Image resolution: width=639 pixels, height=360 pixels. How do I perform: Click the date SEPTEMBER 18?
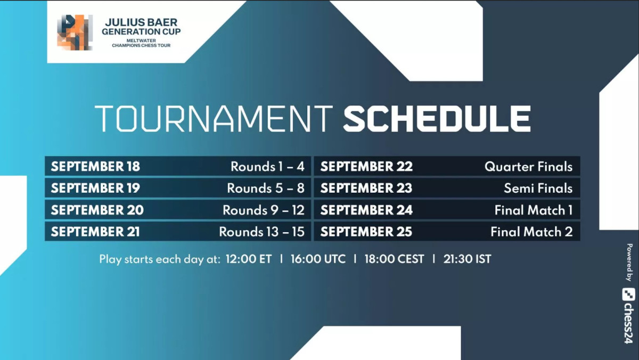[95, 166]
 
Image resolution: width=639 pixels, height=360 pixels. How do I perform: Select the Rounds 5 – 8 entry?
[266, 189]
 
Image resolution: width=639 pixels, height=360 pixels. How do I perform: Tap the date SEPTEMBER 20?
[97, 210]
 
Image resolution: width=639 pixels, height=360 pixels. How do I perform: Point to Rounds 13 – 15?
[261, 232]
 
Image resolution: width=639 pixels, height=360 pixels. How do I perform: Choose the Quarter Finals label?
[528, 167]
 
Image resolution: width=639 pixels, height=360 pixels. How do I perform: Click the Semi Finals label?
[538, 189]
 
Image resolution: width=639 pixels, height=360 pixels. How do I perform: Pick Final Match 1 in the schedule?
[534, 210]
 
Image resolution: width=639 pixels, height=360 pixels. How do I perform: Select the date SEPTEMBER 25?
[366, 232]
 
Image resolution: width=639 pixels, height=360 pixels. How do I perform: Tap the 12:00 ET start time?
[249, 259]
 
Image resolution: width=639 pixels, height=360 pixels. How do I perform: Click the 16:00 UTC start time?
[318, 259]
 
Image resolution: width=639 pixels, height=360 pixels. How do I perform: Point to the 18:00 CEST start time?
[394, 259]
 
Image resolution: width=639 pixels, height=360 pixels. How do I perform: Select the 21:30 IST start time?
[467, 259]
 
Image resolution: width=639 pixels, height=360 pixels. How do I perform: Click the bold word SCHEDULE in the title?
[437, 119]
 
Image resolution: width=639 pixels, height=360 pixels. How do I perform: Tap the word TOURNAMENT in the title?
[214, 119]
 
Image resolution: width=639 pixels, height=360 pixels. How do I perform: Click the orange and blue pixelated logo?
[75, 32]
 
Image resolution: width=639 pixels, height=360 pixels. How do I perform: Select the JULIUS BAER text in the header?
[141, 22]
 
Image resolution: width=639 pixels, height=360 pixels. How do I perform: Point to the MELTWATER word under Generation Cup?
[141, 40]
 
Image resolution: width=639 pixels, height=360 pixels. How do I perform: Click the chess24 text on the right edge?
[628, 316]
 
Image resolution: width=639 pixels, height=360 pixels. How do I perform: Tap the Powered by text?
[629, 262]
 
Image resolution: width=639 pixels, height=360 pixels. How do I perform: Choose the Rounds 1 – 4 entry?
[267, 167]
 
